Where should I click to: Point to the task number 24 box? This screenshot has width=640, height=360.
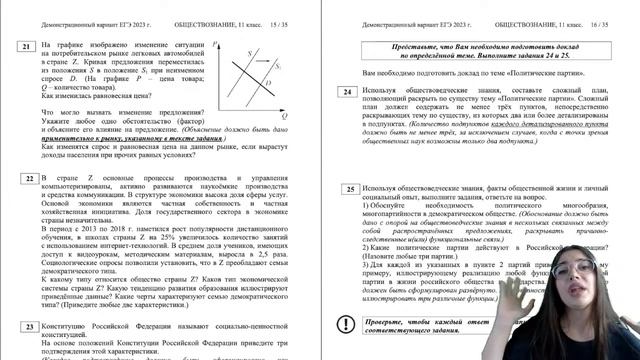coord(346,94)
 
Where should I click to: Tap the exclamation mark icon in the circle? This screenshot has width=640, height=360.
coord(346,323)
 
